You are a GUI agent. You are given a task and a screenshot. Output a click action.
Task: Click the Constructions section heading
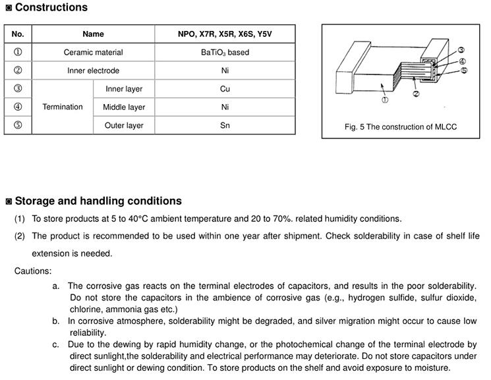coord(51,8)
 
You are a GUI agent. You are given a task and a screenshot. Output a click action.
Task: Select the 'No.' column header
coord(18,34)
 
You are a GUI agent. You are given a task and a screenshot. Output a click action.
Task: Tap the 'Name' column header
coord(93,34)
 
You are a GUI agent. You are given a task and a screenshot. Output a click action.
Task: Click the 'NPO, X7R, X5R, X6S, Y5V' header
coord(225,34)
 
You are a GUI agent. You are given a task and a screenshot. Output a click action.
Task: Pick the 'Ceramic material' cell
coord(93,52)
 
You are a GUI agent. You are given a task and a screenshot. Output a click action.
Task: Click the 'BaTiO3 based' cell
coord(225,52)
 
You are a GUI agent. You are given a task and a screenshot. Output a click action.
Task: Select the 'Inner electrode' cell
coord(93,70)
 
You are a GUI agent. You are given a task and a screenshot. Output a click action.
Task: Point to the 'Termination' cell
coord(63,107)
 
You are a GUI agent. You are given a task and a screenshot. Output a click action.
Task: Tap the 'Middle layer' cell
coord(124,107)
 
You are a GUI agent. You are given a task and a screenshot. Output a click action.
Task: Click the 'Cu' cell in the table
coord(225,89)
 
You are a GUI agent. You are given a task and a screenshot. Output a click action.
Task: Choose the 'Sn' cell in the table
coord(225,125)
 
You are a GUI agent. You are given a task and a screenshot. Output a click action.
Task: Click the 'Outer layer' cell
coord(124,125)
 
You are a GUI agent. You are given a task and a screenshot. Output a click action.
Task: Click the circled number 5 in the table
coord(18,125)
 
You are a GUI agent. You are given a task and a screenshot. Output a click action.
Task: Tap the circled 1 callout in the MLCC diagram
coord(384,100)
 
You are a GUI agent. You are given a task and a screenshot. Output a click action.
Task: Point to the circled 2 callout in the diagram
coord(416,94)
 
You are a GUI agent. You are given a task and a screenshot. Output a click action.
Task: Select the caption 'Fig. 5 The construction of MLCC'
coord(400,127)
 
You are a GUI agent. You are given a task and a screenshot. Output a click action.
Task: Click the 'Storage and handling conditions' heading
coord(98,201)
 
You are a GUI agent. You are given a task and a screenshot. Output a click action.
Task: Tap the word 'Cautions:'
coord(33,271)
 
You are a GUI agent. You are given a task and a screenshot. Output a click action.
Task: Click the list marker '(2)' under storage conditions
coord(20,236)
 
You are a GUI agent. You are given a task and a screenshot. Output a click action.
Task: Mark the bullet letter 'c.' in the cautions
coord(57,344)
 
